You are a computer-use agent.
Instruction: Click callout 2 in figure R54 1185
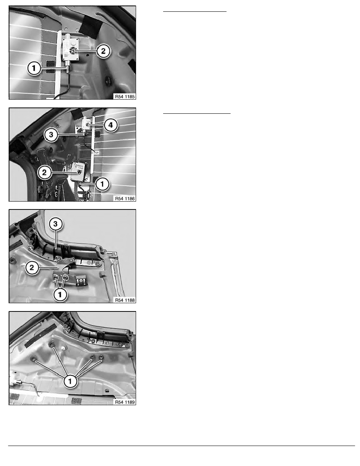click(103, 51)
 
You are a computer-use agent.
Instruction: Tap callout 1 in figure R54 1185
click(34, 68)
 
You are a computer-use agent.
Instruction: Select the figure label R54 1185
click(125, 96)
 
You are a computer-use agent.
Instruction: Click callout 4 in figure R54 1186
click(111, 125)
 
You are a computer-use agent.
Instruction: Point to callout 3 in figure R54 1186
click(51, 135)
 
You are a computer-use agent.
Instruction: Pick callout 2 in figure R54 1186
click(45, 172)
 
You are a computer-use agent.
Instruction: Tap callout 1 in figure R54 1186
click(102, 184)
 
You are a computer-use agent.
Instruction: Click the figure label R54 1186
click(125, 198)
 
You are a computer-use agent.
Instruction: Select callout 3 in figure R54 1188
click(56, 224)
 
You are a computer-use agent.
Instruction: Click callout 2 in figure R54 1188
click(32, 268)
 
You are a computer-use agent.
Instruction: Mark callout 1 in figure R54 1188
click(60, 295)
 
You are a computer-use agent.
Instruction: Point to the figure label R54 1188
click(125, 300)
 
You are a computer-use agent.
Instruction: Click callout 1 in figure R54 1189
click(70, 381)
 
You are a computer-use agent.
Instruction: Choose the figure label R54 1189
click(125, 402)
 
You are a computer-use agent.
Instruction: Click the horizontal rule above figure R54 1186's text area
click(196, 113)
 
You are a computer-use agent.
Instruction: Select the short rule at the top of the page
click(195, 11)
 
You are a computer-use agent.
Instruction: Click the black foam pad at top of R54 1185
click(91, 26)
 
